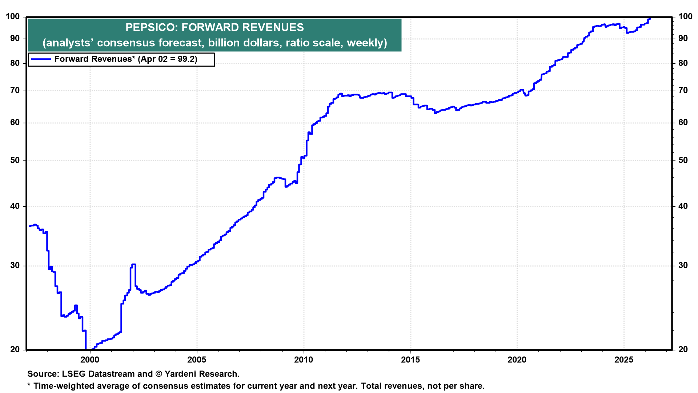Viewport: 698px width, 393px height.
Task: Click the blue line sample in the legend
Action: (41, 59)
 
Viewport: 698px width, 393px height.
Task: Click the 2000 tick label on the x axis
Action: (90, 360)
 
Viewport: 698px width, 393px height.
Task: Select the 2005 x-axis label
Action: (197, 360)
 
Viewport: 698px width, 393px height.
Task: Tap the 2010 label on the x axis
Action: (304, 360)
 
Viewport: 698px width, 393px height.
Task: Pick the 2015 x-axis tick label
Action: (410, 360)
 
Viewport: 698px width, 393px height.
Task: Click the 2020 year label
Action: (517, 360)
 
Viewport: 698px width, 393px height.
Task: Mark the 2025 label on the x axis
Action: (624, 360)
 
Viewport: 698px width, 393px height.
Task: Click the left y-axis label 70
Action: (15, 91)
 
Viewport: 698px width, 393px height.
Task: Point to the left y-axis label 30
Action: (15, 266)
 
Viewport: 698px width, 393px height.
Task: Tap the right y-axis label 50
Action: (683, 160)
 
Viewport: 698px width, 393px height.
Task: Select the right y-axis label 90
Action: (683, 39)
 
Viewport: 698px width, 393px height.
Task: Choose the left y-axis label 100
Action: (13, 17)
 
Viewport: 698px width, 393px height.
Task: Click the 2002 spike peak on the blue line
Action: (133, 265)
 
